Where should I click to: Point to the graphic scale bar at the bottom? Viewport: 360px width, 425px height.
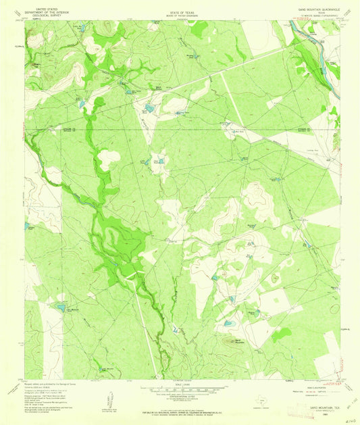click(x=179, y=389)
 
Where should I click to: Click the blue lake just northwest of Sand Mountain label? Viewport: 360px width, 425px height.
click(x=228, y=324)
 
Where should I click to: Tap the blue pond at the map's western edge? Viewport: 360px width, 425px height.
click(x=27, y=226)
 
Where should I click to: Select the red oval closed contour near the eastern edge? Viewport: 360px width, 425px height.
click(x=275, y=277)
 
